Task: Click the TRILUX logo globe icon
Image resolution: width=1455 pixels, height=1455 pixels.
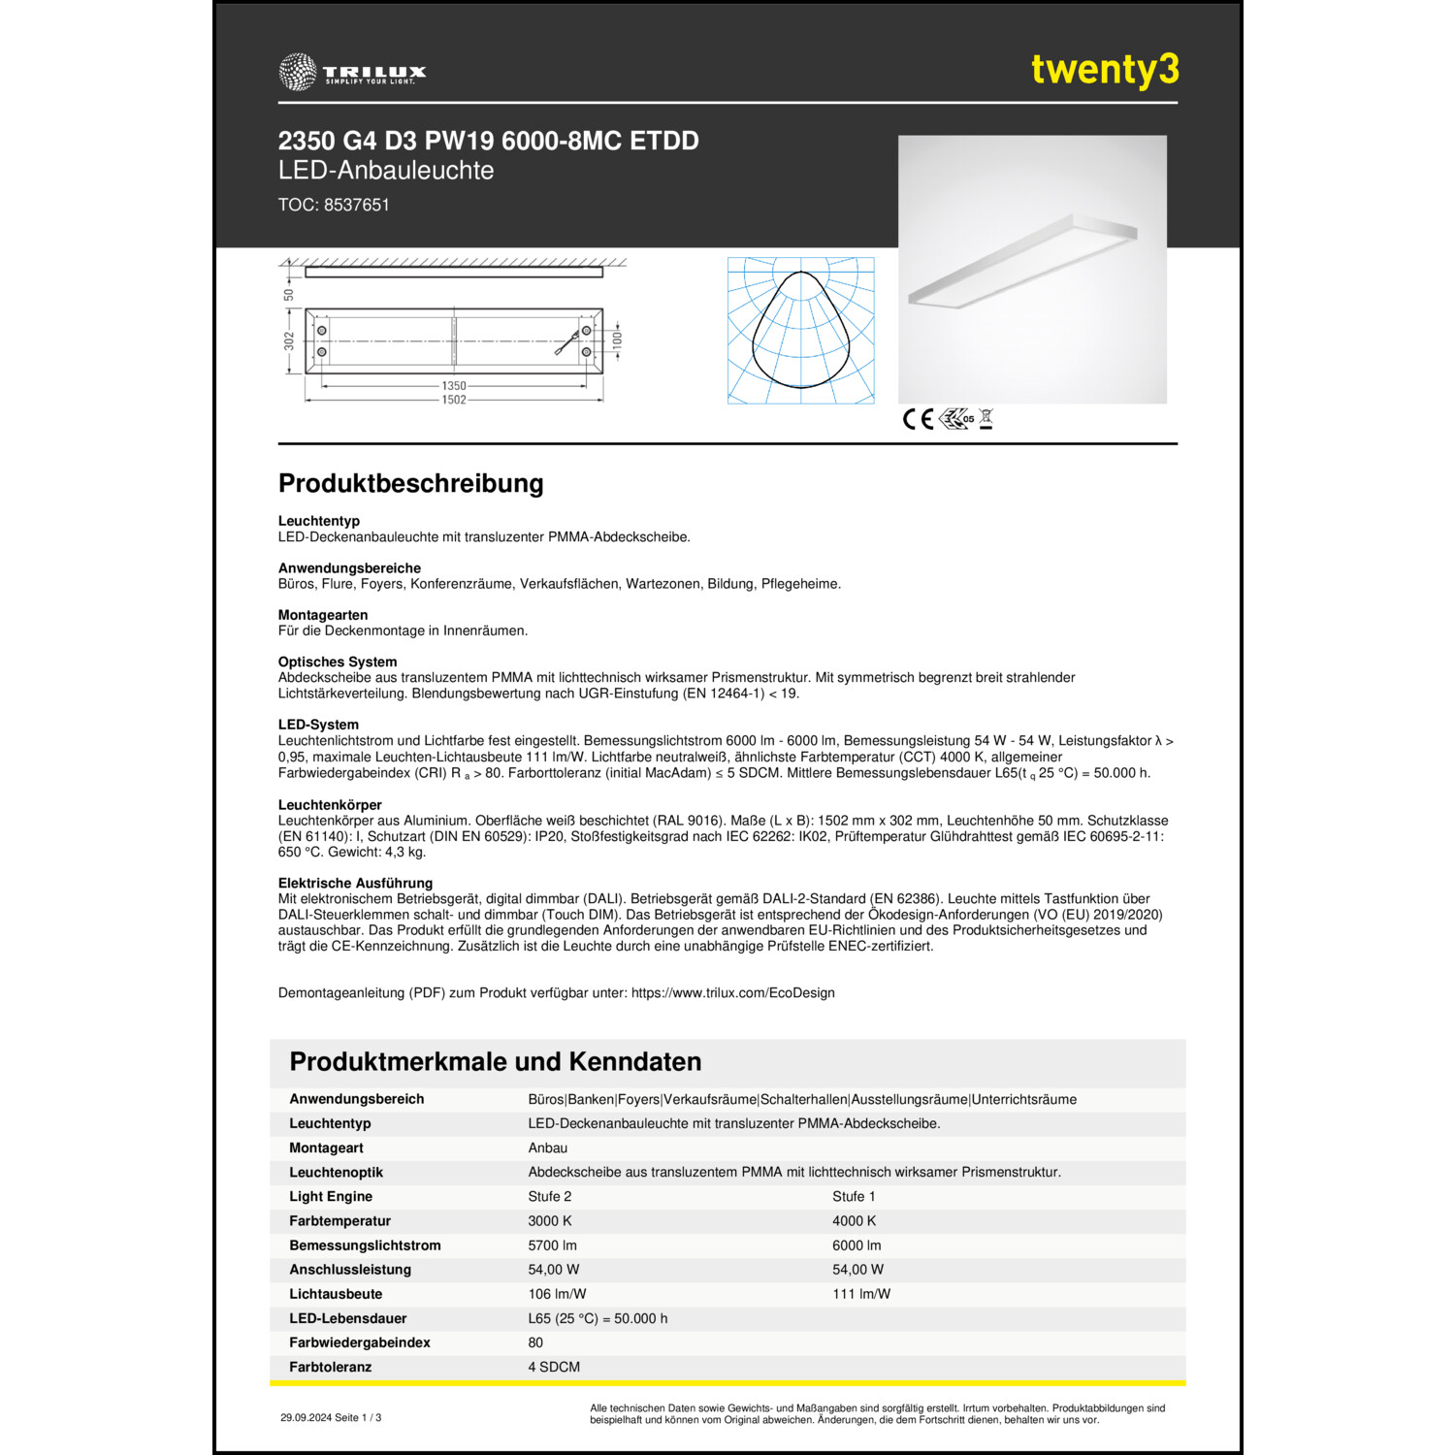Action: (x=297, y=72)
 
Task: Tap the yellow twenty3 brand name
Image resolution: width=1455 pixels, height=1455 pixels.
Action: (x=1105, y=70)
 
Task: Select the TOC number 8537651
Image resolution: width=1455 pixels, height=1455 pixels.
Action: (x=356, y=205)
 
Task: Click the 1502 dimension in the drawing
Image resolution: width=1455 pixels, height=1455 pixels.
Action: (x=454, y=400)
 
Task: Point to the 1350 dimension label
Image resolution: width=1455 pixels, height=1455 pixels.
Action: (x=454, y=386)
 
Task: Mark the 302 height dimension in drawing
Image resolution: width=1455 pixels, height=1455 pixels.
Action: (x=289, y=341)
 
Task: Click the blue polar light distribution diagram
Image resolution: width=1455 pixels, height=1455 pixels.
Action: (x=800, y=330)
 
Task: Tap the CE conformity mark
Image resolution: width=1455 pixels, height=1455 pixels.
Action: (x=918, y=419)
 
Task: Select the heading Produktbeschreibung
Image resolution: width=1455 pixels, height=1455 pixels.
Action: (x=410, y=483)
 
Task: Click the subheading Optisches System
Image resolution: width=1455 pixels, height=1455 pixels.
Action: (x=338, y=662)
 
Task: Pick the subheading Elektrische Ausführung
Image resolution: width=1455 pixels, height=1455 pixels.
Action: (x=355, y=883)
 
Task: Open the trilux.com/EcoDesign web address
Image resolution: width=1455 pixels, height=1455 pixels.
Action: (x=732, y=993)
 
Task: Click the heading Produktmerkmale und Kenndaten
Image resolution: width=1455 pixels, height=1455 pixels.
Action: (x=495, y=1061)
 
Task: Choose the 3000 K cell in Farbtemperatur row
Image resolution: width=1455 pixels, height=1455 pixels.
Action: (x=549, y=1221)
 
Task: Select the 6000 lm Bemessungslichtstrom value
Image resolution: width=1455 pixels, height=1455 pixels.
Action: (x=857, y=1245)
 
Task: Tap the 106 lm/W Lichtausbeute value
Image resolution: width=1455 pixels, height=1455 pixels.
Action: (x=557, y=1294)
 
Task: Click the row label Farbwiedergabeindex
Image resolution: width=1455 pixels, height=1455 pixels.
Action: (x=359, y=1342)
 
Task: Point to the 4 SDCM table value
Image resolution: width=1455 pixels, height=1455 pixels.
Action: (x=554, y=1367)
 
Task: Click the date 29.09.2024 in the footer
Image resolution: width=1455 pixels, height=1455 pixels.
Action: (x=306, y=1418)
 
